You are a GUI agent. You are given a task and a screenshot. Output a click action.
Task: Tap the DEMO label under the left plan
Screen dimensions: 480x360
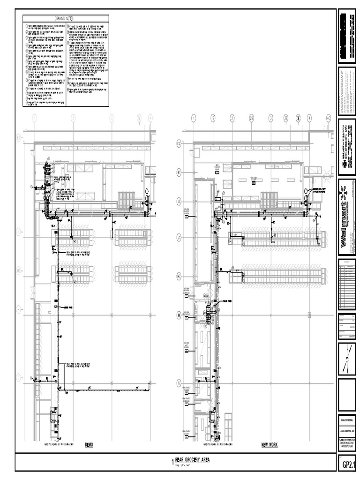click(x=90, y=444)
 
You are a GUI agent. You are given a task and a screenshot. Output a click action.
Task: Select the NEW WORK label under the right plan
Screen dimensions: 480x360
click(x=269, y=444)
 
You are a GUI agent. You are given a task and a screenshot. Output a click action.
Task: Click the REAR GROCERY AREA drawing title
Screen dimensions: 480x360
click(x=195, y=461)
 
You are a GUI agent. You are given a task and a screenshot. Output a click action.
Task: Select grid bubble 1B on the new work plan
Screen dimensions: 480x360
click(x=212, y=118)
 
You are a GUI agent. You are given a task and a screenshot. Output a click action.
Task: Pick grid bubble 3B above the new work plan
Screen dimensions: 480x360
click(x=285, y=118)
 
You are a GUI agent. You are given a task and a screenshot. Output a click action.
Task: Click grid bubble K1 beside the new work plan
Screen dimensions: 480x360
click(x=179, y=172)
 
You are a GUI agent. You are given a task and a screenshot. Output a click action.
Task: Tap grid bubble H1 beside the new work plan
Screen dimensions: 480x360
click(x=179, y=277)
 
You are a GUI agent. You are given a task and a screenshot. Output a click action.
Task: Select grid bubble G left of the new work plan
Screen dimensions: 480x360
click(x=179, y=382)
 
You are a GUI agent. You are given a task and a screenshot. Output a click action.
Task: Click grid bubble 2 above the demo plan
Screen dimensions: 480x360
click(x=73, y=118)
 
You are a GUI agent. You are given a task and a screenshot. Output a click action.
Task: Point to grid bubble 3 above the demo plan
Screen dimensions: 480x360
click(x=112, y=118)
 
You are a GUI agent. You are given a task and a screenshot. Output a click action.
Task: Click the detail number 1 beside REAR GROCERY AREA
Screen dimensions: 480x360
click(x=172, y=462)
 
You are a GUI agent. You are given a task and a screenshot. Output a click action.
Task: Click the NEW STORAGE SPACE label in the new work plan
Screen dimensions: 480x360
click(x=218, y=166)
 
